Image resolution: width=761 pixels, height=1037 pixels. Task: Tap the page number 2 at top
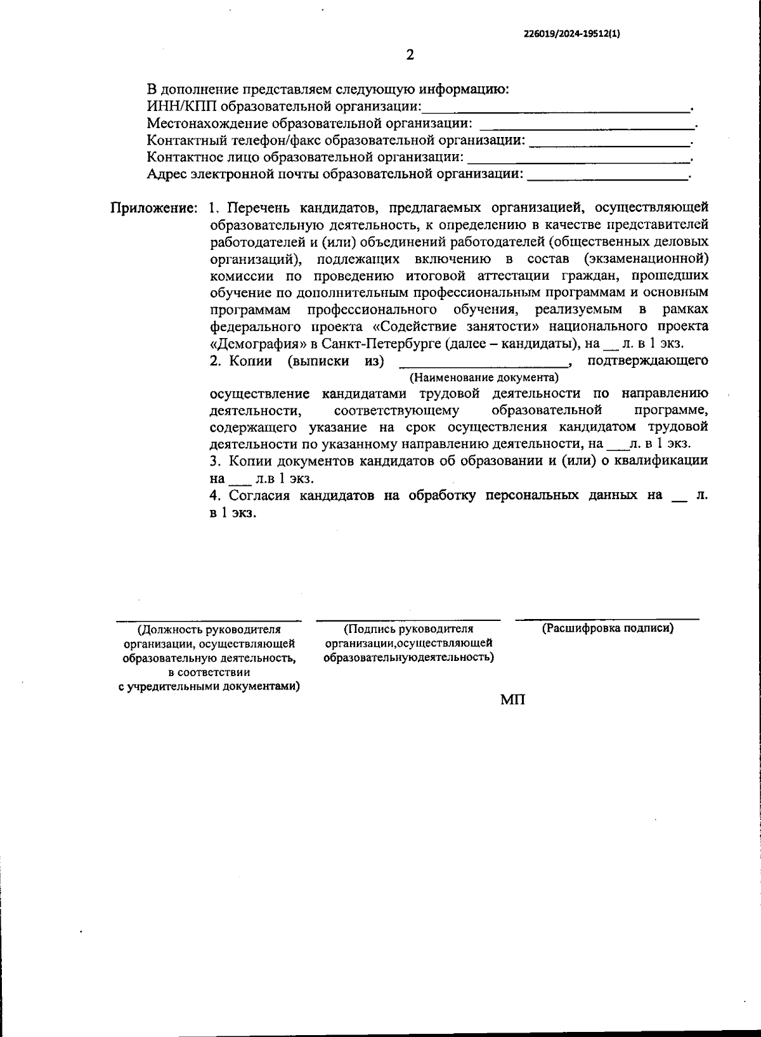click(x=410, y=55)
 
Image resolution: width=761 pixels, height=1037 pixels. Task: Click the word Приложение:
click(x=155, y=208)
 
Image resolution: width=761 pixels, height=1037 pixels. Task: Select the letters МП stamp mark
click(x=512, y=700)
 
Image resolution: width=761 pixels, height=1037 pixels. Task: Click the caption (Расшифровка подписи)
click(x=608, y=629)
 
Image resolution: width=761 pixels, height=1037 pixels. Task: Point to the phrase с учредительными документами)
click(x=209, y=688)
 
